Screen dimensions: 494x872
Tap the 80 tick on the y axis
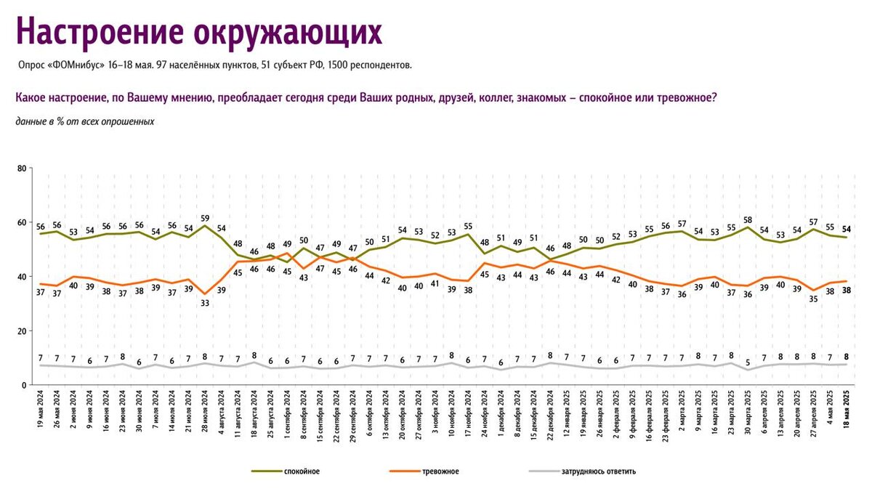tap(22, 169)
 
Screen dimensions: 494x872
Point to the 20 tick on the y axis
tap(22, 331)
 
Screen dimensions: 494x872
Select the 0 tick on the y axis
tap(24, 385)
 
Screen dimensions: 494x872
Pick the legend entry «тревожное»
tap(440, 471)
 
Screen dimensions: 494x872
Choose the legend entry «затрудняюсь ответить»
tap(598, 471)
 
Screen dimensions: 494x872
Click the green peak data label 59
tap(206, 217)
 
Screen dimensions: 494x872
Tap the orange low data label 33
tap(206, 304)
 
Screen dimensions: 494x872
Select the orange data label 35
tap(813, 299)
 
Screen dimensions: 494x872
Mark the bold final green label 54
tap(847, 229)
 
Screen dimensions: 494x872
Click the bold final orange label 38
tap(847, 291)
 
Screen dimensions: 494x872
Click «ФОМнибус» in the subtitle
tap(81, 65)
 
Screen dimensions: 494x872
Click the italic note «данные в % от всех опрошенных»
tap(84, 121)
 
